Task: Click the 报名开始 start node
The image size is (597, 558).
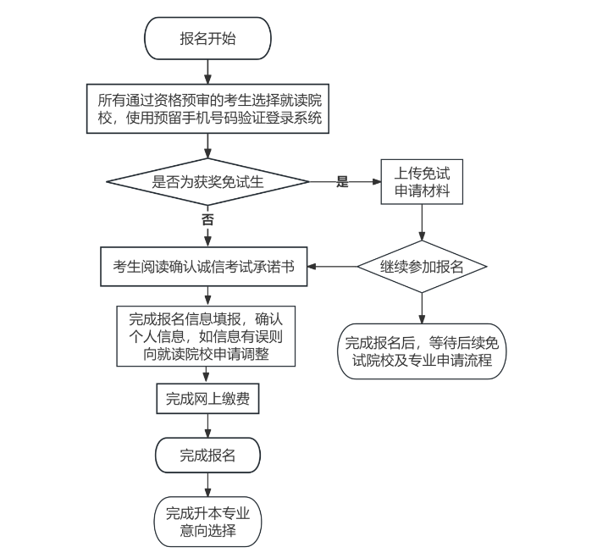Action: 207,39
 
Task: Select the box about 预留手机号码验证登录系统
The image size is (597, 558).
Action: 208,109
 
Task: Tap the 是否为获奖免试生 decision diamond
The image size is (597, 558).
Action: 207,181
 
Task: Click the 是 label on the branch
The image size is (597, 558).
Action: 343,181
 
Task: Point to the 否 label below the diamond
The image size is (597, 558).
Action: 207,218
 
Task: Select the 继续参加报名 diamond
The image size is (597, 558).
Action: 422,266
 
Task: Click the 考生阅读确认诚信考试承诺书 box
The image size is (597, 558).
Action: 203,266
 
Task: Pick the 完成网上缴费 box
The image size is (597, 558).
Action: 207,399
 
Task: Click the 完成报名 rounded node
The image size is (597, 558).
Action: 207,456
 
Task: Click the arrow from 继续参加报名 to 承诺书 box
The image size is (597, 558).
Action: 331,266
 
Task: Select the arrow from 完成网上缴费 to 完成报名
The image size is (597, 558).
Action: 207,426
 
